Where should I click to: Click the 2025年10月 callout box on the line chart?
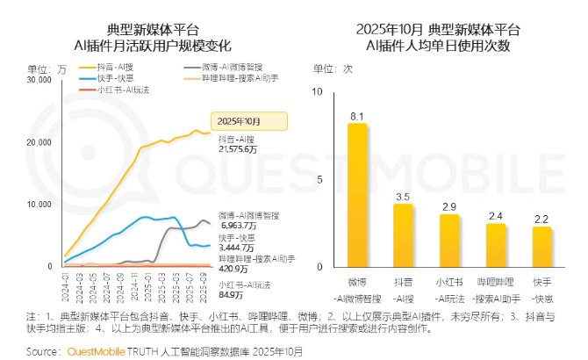pyautogui.click(x=235, y=120)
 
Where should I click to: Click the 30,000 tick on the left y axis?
pyautogui.click(x=39, y=80)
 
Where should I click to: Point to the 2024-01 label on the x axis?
pyautogui.click(x=66, y=284)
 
